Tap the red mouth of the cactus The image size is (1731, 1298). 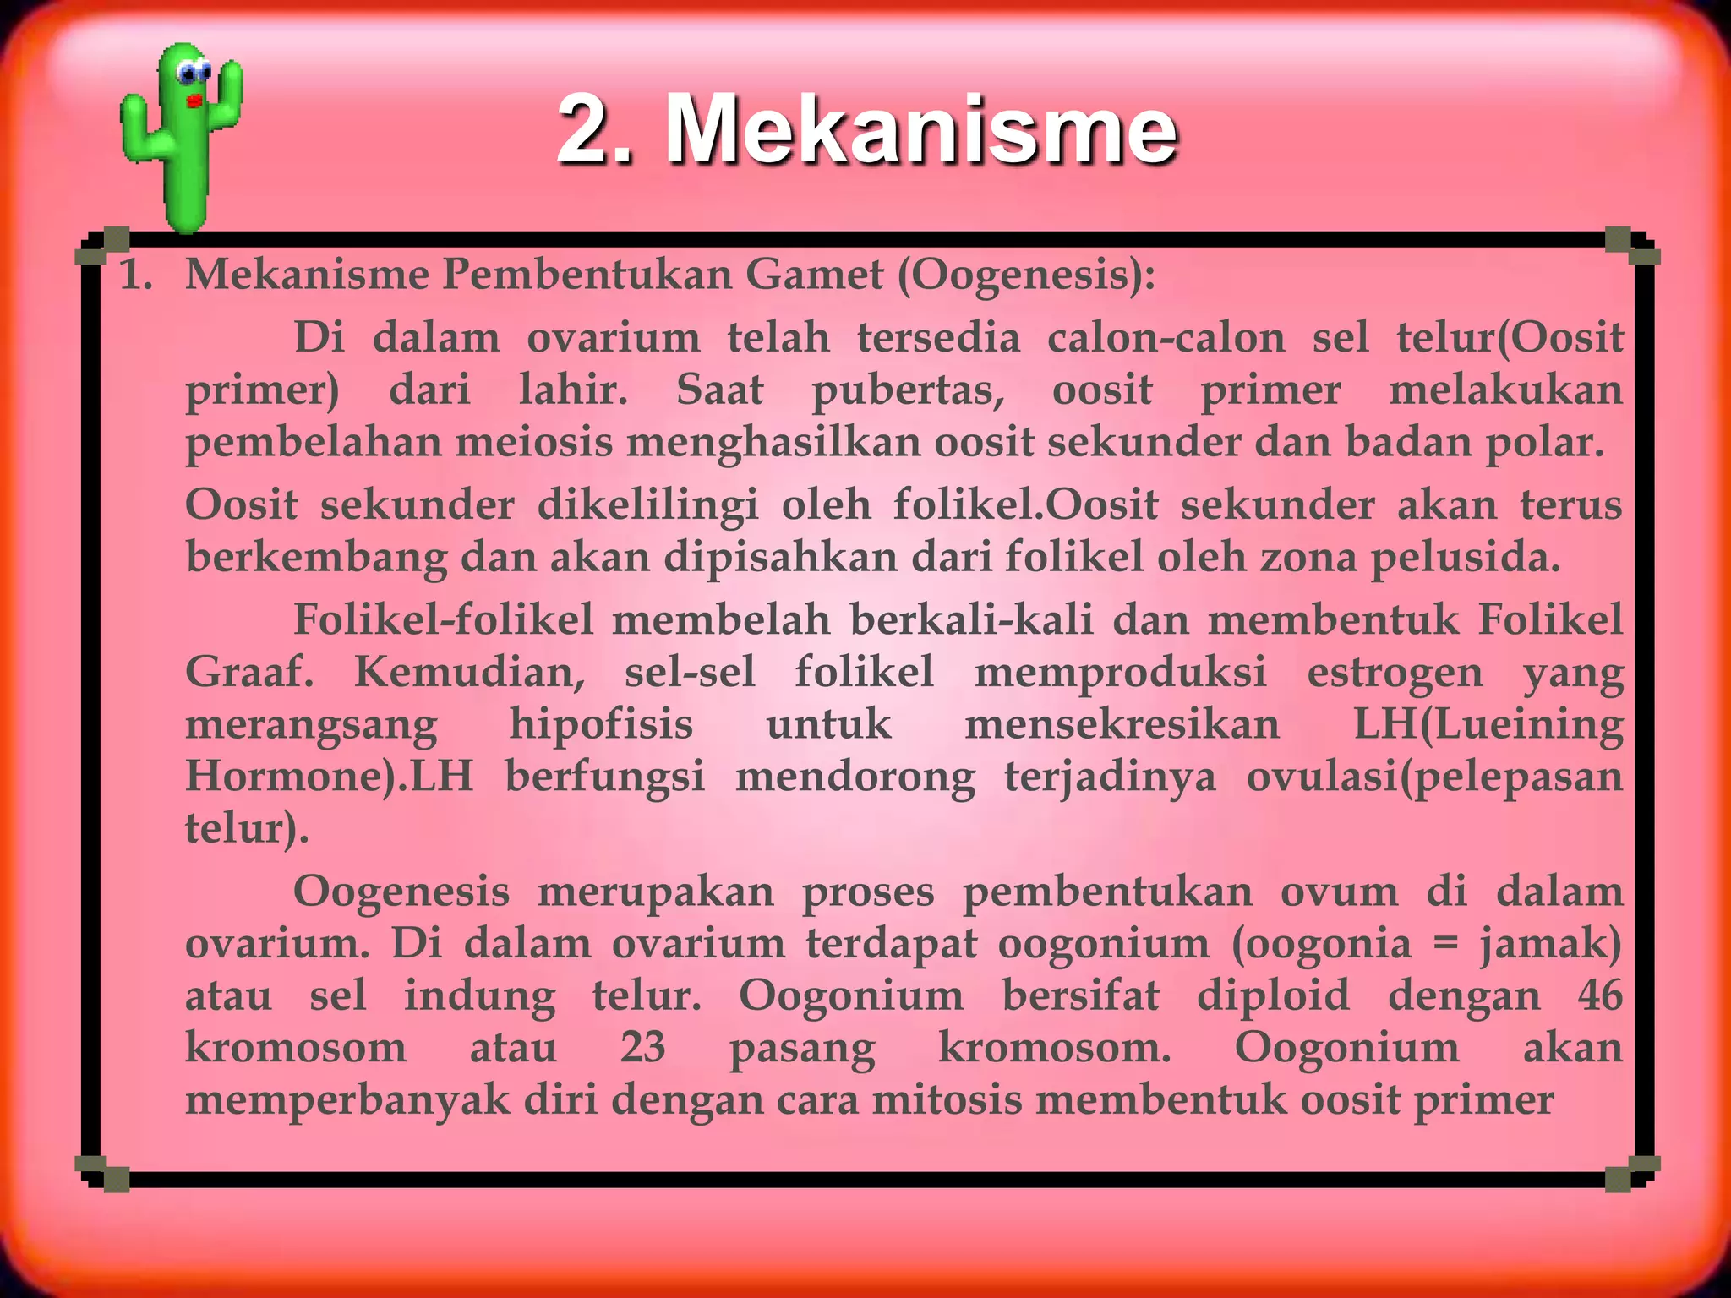[195, 101]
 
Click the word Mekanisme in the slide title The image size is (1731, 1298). [920, 131]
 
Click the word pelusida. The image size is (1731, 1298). [1466, 558]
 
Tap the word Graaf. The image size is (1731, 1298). [249, 674]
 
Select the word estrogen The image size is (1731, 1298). [1395, 674]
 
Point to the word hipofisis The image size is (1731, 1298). [601, 725]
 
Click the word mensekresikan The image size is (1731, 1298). [1122, 725]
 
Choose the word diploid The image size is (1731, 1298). [1273, 995]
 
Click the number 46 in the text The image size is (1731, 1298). [1600, 995]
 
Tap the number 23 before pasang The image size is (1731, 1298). [642, 1048]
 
